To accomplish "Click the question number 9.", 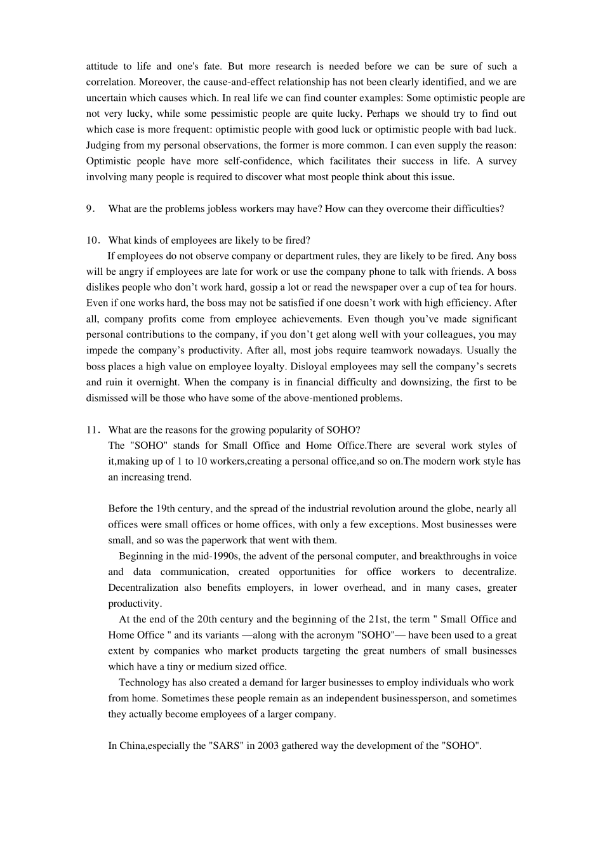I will tap(90, 209).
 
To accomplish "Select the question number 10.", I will tap(92, 241).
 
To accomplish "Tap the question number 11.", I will tap(92, 430).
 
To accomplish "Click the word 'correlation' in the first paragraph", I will tap(110, 82).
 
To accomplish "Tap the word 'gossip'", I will tap(235, 288).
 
